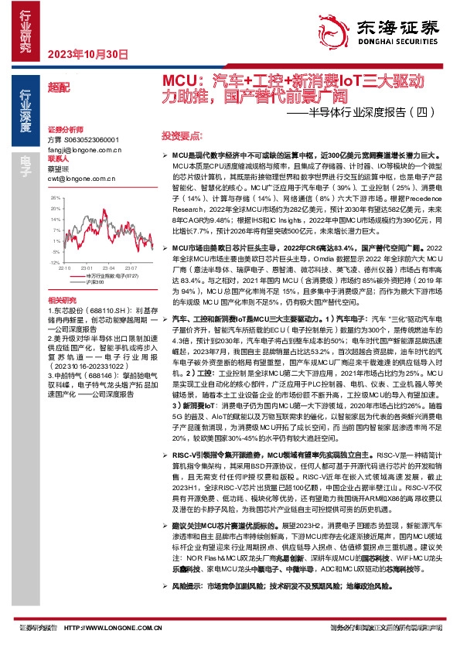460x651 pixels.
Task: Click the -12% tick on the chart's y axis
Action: coord(55,241)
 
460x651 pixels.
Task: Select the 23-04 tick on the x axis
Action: coord(107,247)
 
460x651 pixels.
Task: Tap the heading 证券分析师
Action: coord(64,129)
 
